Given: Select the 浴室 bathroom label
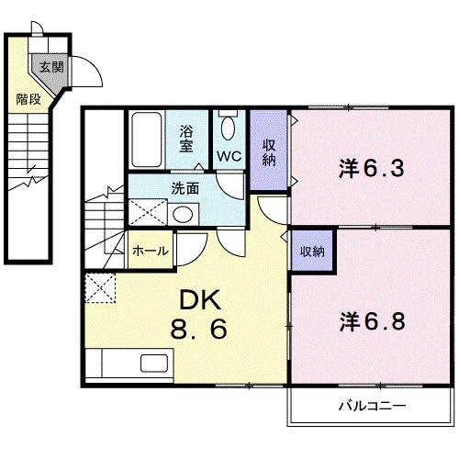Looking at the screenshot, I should [186, 139].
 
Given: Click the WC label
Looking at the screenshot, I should [229, 156].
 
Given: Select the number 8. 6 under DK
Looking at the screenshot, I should [196, 328].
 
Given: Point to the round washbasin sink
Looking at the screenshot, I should [183, 215].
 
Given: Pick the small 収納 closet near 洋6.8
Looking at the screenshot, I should [309, 250].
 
